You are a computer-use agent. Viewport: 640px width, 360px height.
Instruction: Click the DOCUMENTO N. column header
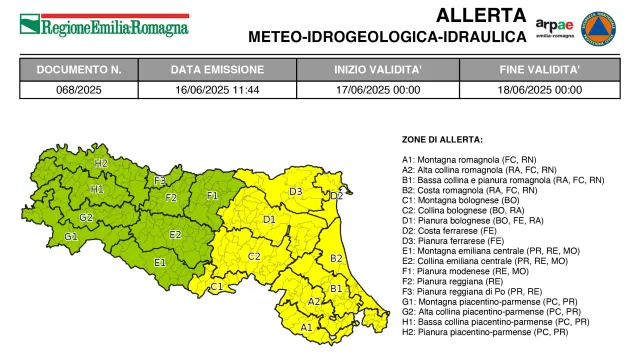click(79, 70)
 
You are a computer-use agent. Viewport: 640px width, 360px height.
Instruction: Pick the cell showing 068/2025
click(79, 89)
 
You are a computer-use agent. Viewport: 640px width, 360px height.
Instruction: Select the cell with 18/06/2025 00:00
click(540, 89)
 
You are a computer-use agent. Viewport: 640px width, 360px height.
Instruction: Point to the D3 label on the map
click(296, 191)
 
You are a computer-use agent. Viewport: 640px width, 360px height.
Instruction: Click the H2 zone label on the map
click(101, 162)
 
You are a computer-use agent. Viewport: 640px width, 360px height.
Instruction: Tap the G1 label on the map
click(71, 237)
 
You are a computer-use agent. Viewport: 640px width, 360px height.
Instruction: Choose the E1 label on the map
click(160, 262)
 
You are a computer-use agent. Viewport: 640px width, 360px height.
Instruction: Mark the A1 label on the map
click(307, 326)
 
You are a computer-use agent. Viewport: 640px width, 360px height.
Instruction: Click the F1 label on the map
click(212, 196)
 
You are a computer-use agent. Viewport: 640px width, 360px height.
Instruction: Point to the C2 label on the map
click(254, 257)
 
